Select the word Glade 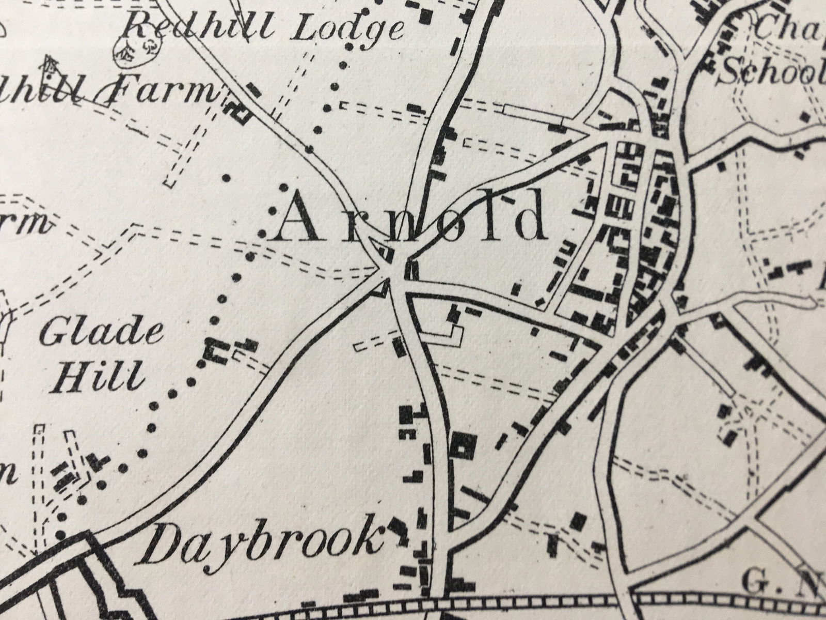click(101, 334)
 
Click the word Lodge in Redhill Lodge click(346, 29)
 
